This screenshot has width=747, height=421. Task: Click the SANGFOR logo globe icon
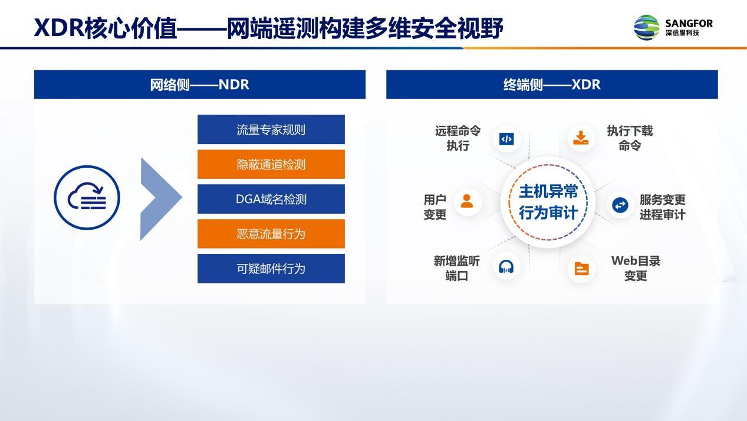(647, 27)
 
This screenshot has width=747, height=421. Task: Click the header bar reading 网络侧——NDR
(199, 84)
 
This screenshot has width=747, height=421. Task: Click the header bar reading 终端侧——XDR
(552, 84)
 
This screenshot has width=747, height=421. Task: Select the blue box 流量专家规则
(271, 130)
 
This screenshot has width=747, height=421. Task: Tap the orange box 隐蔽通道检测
(271, 164)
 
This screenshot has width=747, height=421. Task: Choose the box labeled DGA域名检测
(271, 199)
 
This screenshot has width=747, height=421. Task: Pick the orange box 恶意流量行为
(271, 234)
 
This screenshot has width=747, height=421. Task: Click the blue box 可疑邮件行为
(271, 269)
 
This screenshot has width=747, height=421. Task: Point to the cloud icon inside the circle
(87, 197)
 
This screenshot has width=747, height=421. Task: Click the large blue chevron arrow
(159, 199)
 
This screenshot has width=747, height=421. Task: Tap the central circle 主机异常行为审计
(548, 202)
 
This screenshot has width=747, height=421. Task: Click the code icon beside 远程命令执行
(506, 139)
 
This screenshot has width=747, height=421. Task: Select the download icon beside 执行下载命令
(581, 138)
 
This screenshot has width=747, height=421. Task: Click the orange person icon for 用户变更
(467, 201)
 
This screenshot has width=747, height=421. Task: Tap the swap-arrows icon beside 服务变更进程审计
(620, 205)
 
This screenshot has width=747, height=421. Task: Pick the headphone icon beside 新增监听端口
(506, 267)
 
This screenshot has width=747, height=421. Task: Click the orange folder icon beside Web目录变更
(582, 269)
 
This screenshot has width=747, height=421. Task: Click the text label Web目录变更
(636, 268)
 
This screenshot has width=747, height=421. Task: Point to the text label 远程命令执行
(458, 138)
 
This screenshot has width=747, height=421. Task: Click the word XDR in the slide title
(59, 28)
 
